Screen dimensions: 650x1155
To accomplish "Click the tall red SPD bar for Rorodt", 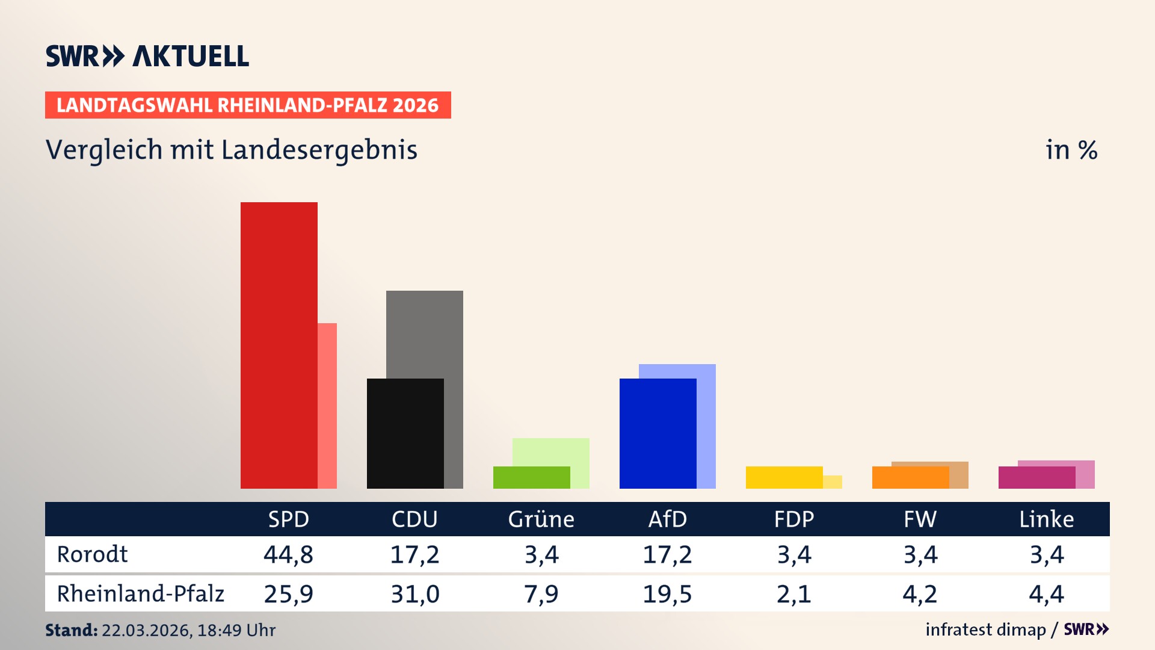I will [279, 345].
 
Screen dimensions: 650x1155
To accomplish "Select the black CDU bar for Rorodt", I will [405, 433].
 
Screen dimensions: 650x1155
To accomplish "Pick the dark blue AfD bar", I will [658, 433].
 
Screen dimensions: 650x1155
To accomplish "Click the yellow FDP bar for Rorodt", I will [784, 477].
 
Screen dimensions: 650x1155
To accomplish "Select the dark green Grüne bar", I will [531, 477].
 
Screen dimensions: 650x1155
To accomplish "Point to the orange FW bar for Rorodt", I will [910, 477].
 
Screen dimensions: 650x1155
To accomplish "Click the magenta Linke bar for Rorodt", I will [1036, 477].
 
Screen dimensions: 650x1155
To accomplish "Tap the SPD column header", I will [288, 519].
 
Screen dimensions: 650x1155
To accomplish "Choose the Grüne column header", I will [541, 519].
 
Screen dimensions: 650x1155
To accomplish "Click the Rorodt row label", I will [92, 554].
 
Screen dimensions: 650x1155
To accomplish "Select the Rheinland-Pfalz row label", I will [140, 594].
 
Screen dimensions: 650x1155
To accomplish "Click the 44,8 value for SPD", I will [288, 554].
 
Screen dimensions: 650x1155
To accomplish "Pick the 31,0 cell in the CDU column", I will [414, 594].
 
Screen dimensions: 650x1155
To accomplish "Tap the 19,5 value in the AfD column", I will [667, 594].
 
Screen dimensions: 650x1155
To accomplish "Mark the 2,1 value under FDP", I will [793, 594].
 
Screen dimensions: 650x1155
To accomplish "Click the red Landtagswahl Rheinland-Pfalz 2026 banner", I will [248, 105].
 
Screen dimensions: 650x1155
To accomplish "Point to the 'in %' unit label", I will [1071, 150].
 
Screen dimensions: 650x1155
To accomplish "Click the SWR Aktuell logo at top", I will [147, 56].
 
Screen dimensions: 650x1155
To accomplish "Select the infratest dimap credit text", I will [985, 630].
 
